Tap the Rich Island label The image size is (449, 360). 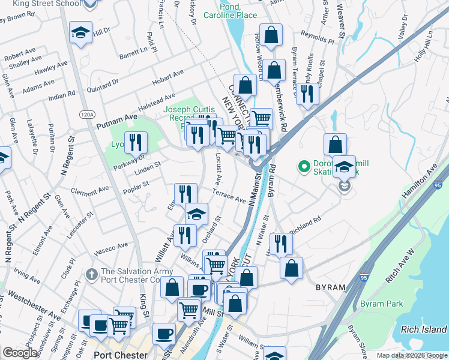424,329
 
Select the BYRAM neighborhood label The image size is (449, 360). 331,287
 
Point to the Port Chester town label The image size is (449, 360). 117,354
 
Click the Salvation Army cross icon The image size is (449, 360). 91,275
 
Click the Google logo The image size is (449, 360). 20,353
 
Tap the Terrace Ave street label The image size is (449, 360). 229,196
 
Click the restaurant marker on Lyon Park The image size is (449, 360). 137,143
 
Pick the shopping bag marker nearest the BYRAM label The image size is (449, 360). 291,268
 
